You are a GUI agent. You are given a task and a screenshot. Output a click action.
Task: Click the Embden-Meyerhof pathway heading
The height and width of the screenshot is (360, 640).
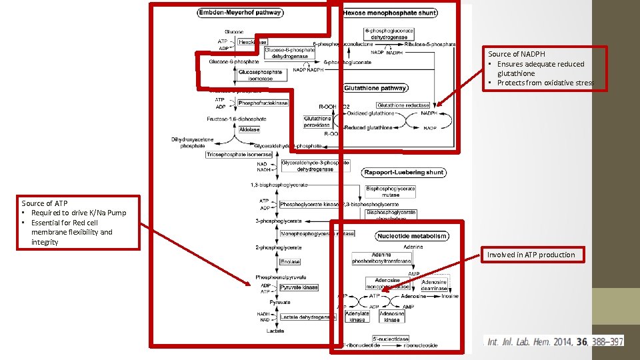240,12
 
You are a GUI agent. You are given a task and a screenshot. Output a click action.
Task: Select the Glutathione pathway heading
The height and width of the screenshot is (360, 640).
375,88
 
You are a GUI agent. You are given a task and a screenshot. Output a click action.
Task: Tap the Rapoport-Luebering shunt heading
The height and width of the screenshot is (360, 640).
404,172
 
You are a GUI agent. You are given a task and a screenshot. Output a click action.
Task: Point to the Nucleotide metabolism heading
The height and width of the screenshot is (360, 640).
411,236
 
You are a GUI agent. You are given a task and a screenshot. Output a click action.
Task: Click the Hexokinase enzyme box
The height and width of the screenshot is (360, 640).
253,41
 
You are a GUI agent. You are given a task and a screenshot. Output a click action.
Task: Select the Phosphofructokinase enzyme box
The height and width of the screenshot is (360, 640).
263,103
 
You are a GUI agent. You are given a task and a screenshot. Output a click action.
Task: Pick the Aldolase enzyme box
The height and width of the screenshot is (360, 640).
249,129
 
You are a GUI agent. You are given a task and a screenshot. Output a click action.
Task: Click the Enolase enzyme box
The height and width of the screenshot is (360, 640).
291,262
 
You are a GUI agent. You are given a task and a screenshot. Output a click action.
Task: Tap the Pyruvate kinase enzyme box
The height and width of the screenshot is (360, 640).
299,287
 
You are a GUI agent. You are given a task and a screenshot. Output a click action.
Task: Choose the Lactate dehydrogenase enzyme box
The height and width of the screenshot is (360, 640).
308,317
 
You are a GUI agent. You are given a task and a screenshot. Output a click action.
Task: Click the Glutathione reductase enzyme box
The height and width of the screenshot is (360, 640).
403,105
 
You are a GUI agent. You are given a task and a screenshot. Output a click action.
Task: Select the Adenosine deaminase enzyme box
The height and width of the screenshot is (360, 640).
434,285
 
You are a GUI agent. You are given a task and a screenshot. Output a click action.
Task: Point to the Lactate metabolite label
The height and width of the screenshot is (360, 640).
275,331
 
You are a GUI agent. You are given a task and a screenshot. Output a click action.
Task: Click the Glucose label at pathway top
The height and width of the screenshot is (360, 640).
234,31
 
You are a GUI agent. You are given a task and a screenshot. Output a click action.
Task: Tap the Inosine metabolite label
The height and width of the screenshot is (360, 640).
450,296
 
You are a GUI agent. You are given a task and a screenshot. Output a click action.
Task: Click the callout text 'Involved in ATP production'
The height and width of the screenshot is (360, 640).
531,255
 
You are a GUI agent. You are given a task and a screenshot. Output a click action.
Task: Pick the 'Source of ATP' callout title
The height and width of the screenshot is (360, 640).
45,203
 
